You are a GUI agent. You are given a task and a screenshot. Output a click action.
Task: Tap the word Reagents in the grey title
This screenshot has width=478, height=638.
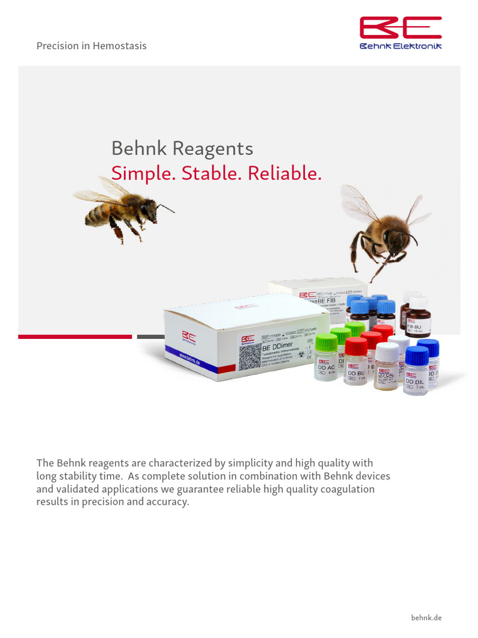pos(213,149)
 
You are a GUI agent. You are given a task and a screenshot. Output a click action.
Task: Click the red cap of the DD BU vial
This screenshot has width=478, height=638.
pos(356,346)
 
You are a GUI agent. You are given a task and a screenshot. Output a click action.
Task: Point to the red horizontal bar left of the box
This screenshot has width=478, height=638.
pos(75,336)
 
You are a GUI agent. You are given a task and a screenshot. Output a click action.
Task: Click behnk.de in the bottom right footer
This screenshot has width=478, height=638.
pos(426,617)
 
